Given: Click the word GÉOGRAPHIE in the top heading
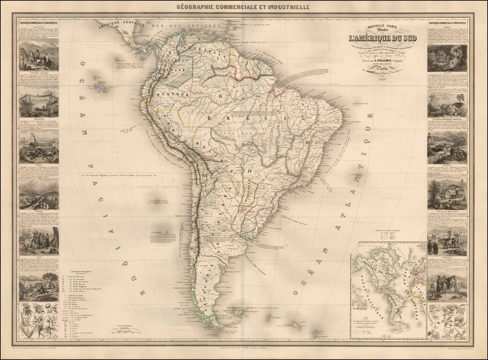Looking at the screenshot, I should [196, 7].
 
